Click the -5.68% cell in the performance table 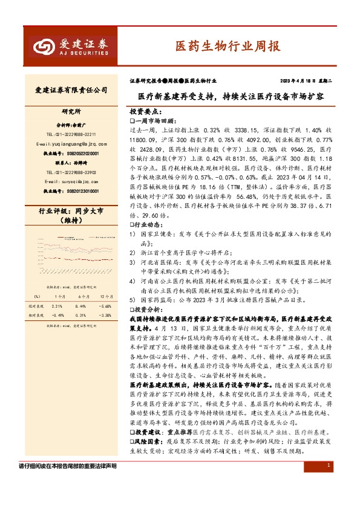[x=105, y=306]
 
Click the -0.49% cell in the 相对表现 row [x=57, y=315]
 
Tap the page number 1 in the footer [x=327, y=465]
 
